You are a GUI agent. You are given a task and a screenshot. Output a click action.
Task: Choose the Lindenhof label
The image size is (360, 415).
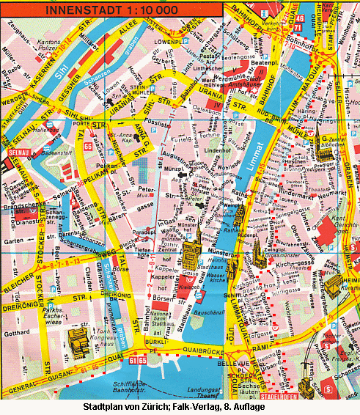pos(217,150)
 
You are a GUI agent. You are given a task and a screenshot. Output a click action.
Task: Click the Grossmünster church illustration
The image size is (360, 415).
pos(258,258)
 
